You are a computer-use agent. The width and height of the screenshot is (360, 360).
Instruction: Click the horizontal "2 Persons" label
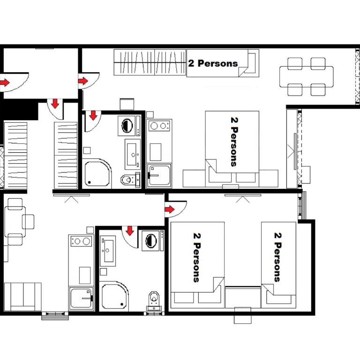pos(213,63)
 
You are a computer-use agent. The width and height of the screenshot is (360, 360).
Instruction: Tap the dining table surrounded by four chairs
pos(307,76)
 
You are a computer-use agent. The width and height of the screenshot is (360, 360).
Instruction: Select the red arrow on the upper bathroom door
pos(93,115)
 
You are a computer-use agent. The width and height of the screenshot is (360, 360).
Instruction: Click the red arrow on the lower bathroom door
pos(130,230)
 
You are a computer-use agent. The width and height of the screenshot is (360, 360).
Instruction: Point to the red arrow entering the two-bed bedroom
pos(170,208)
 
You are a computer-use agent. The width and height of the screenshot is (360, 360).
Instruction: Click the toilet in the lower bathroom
pos(153,299)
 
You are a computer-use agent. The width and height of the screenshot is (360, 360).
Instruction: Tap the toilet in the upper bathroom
pos(127,179)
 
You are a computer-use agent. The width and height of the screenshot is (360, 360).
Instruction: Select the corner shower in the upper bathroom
pos(96,173)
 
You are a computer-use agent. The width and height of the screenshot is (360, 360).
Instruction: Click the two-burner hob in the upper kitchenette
pos(159,126)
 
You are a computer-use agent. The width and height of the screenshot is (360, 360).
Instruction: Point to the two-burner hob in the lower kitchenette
pos(81,242)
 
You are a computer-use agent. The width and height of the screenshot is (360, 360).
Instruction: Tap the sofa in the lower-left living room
pos(22,296)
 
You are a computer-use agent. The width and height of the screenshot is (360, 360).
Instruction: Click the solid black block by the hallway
pos(19,111)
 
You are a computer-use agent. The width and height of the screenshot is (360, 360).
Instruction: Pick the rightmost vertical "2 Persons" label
pos(277,255)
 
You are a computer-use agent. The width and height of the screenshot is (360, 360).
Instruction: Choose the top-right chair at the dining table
pos(318,63)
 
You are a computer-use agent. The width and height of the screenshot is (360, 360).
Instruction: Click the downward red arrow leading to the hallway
pos(55,104)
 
